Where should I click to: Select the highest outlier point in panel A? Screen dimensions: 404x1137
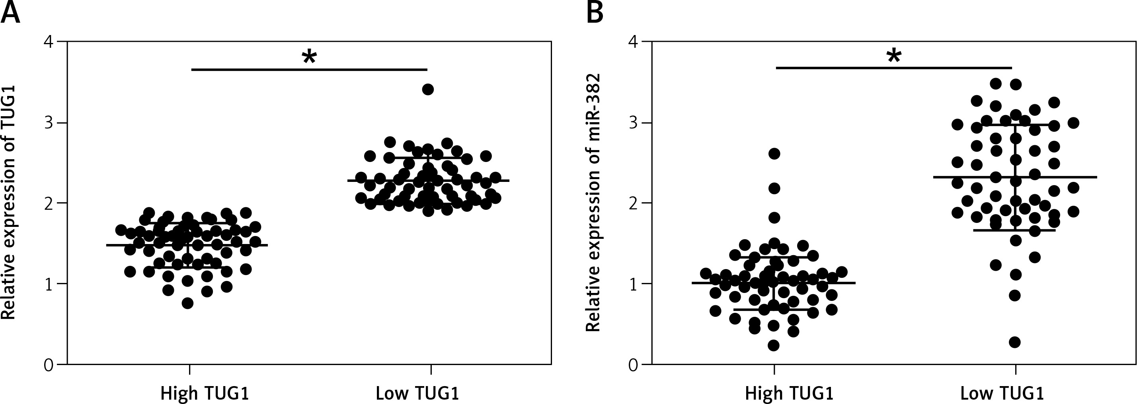pos(428,90)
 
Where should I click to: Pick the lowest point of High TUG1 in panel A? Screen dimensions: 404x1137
pos(187,303)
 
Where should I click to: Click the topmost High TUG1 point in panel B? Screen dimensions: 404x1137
pos(774,154)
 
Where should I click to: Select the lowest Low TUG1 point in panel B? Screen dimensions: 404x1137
pos(1015,342)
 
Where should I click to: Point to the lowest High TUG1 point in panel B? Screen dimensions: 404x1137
pos(774,345)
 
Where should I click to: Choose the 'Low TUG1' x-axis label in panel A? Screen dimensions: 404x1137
pos(417,392)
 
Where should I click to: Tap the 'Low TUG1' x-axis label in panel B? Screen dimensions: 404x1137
pos(1002,392)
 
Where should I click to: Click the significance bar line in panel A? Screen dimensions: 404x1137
pos(309,69)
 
